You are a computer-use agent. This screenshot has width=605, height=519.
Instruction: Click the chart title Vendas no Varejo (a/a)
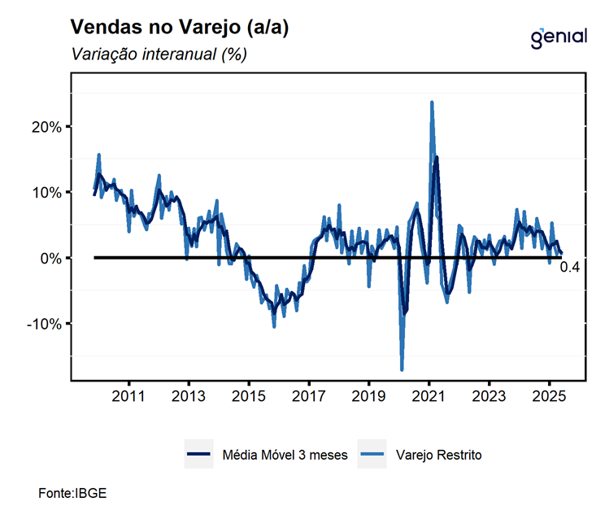(180, 27)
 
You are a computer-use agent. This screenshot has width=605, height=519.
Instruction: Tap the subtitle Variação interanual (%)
(159, 55)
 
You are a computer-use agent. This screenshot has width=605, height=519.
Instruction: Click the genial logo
(558, 37)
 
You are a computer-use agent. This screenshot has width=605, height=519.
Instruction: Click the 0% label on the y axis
(50, 258)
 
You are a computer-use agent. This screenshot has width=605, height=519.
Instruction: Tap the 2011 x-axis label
(128, 397)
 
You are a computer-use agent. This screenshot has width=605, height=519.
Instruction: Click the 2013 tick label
(189, 397)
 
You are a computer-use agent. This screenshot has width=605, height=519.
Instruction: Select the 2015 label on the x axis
(249, 397)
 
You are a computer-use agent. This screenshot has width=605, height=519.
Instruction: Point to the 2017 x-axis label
(308, 397)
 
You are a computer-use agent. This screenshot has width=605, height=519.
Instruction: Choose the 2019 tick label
(368, 397)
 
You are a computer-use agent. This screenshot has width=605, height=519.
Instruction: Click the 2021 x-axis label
(429, 397)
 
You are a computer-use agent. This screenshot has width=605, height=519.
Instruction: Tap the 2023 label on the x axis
(488, 397)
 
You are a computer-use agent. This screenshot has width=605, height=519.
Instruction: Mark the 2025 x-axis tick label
(548, 397)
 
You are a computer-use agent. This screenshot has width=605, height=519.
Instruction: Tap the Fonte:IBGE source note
(72, 493)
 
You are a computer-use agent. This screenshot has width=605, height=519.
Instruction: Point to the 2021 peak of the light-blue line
(432, 102)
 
